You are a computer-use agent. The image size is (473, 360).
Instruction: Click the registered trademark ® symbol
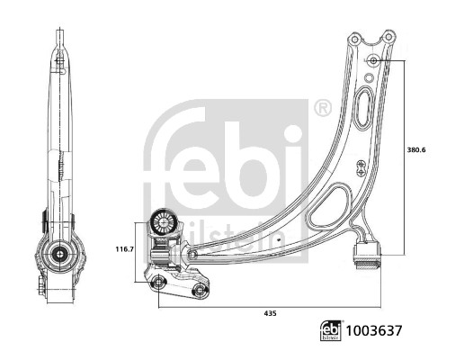point(321,110)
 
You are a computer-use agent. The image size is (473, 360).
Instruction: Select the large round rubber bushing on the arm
point(165,222)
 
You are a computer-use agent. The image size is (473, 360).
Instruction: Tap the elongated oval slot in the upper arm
point(363,111)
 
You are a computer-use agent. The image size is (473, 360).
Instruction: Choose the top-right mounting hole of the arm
point(388,37)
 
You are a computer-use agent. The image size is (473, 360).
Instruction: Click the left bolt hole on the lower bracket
point(159,284)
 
